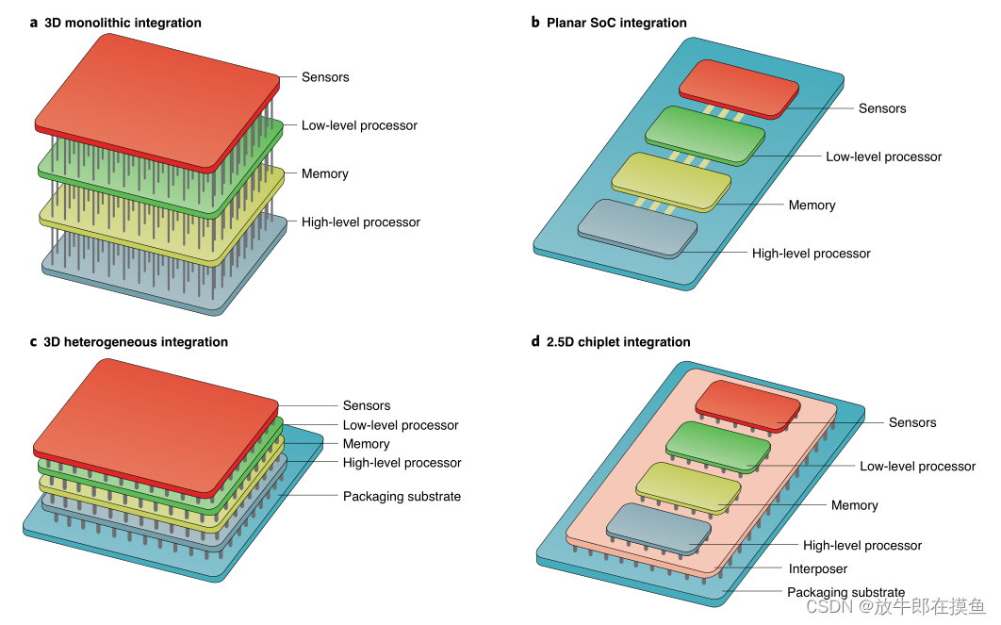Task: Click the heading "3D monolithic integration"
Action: tap(123, 23)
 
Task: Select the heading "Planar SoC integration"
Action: tap(616, 23)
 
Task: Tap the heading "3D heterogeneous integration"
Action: tap(136, 342)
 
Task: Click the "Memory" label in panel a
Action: tap(325, 173)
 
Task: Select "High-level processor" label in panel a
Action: tap(361, 222)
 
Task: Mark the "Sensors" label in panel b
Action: tap(882, 108)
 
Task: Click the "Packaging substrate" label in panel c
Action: tap(402, 496)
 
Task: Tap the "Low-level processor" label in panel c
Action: tap(401, 425)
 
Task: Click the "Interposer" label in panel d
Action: tap(818, 569)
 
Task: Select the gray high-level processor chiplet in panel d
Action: tap(658, 528)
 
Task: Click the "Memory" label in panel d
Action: tap(855, 505)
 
